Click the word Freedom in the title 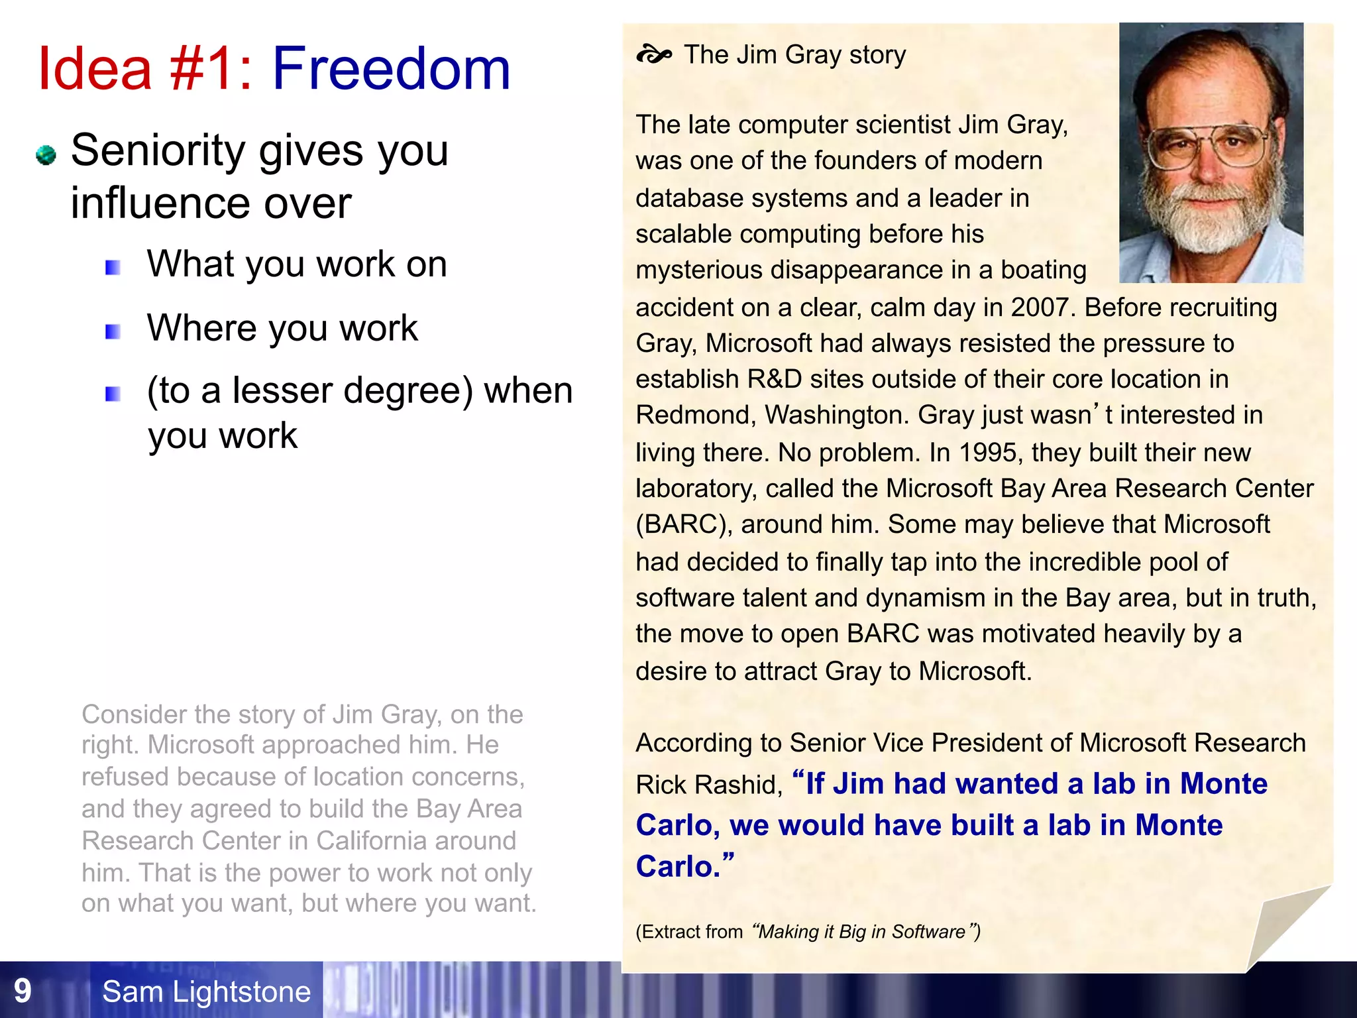(x=391, y=69)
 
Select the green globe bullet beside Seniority (x=46, y=155)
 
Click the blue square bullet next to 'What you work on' (x=113, y=268)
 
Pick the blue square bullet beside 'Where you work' (x=113, y=331)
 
